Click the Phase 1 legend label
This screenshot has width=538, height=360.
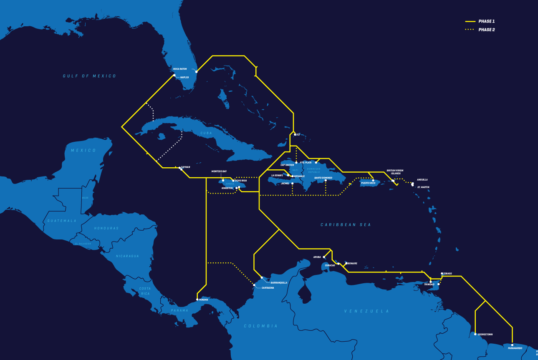pyautogui.click(x=486, y=21)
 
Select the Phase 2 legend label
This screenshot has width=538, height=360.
pyautogui.click(x=486, y=30)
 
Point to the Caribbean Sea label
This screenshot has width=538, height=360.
pyautogui.click(x=346, y=225)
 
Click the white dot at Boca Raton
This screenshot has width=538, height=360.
pyautogui.click(x=196, y=72)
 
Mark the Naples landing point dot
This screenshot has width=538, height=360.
pyautogui.click(x=174, y=76)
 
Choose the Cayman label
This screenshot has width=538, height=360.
pyautogui.click(x=185, y=167)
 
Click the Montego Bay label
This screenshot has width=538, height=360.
pyautogui.click(x=219, y=171)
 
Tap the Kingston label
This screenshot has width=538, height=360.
pyautogui.click(x=227, y=188)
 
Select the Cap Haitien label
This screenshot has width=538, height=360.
pyautogui.click(x=287, y=165)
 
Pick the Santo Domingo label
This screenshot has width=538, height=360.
pyautogui.click(x=323, y=178)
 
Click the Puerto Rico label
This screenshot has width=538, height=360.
pyautogui.click(x=368, y=183)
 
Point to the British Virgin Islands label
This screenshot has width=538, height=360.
pyautogui.click(x=395, y=172)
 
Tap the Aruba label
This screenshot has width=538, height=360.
pyautogui.click(x=317, y=257)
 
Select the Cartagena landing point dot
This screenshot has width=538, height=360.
pyautogui.click(x=254, y=285)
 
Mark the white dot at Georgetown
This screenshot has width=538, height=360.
pyautogui.click(x=475, y=334)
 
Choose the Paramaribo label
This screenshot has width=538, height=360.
pyautogui.click(x=515, y=348)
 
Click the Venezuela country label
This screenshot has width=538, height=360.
pyautogui.click(x=366, y=311)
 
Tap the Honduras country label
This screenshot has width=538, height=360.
pyautogui.click(x=106, y=228)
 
